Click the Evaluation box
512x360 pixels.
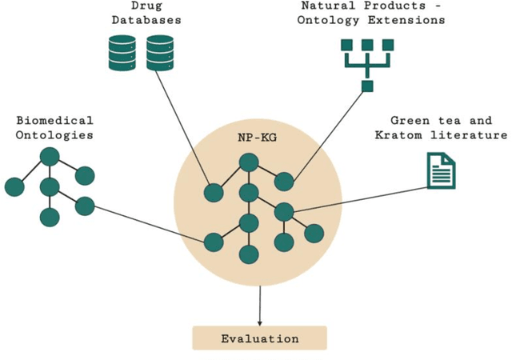point(259,338)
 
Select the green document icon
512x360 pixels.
point(441,170)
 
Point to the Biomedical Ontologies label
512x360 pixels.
point(54,128)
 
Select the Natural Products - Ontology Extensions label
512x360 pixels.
point(373,13)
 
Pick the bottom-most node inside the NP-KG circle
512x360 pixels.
point(248,254)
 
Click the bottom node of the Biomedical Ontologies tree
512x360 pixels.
point(50,217)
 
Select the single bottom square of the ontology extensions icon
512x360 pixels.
point(367,86)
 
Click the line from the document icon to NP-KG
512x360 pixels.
point(360,198)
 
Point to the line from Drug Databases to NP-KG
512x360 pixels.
point(180,128)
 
